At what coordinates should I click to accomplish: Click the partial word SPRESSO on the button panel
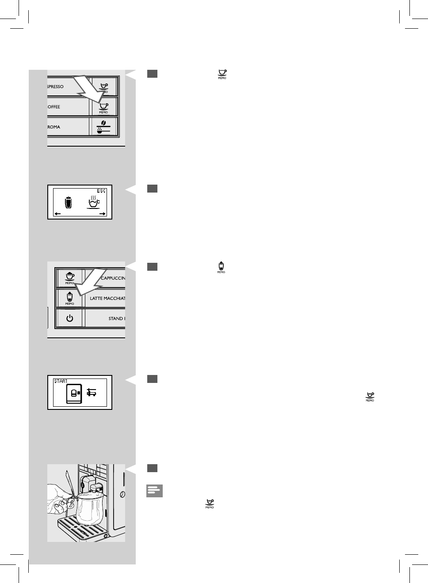click(56, 87)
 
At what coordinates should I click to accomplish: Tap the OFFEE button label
click(54, 107)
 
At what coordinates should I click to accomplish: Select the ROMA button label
click(54, 127)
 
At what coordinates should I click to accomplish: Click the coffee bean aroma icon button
click(103, 127)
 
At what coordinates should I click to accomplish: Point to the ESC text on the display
click(101, 191)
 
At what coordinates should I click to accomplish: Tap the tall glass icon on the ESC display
click(68, 202)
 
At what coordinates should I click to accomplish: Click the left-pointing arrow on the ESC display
click(58, 214)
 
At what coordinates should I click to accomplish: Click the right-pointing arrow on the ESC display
click(102, 214)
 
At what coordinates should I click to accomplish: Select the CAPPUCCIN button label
click(113, 278)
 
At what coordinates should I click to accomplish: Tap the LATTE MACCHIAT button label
click(107, 299)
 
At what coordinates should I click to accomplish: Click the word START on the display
click(61, 381)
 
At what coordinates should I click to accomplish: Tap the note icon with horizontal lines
click(154, 491)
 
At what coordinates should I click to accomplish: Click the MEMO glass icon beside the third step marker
click(221, 268)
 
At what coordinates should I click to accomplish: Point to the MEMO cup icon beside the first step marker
click(222, 74)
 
